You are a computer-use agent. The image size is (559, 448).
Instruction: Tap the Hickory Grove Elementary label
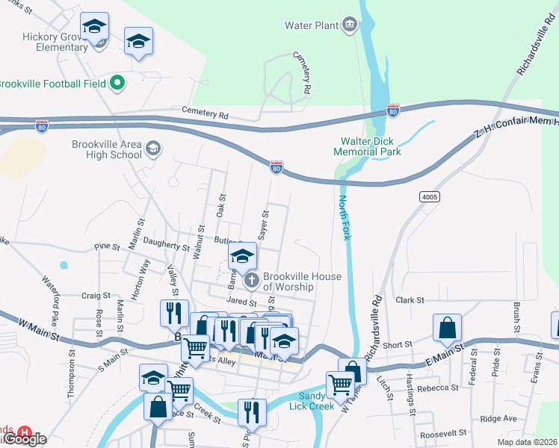45,42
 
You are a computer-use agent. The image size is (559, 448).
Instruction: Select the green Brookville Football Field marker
116,84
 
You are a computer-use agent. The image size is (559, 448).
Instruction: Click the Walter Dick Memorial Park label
371,146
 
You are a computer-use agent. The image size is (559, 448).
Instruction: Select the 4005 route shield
430,197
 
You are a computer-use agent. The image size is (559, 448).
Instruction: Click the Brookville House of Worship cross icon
252,281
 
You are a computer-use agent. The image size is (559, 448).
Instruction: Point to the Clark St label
410,300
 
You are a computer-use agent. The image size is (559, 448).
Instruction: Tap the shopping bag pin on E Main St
446,328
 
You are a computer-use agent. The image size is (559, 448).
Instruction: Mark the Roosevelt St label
444,432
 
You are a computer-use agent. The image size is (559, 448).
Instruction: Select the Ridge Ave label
498,419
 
